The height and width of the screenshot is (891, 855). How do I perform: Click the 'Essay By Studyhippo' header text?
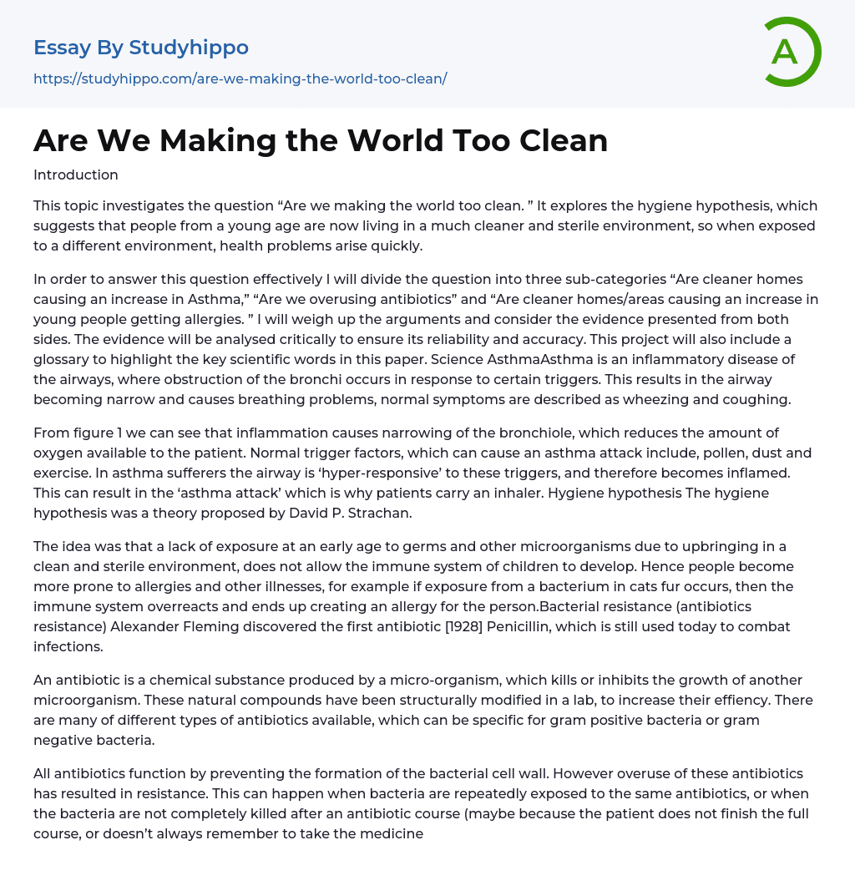[x=141, y=48]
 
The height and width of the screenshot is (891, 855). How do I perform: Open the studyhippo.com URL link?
[x=240, y=78]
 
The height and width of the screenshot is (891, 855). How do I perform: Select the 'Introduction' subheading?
[x=76, y=175]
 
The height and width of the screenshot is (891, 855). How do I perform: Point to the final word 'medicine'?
[x=392, y=833]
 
